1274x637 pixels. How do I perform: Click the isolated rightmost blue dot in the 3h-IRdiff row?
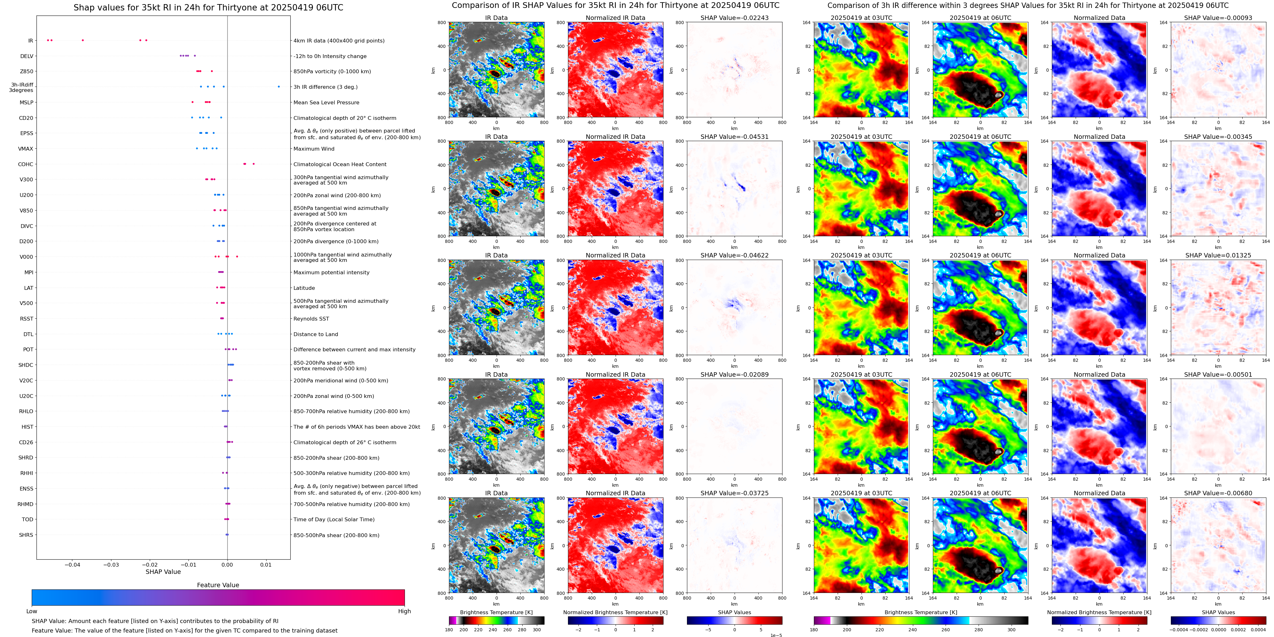point(279,87)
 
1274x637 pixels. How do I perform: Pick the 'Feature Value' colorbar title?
point(218,585)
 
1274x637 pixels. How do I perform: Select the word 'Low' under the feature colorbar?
point(32,611)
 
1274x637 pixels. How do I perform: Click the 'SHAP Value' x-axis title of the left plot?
point(163,572)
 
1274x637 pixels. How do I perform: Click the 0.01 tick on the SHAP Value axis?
point(266,564)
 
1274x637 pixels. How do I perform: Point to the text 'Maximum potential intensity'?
point(331,273)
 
